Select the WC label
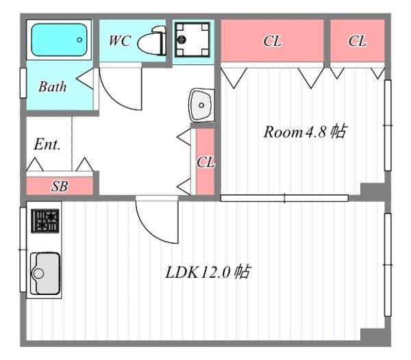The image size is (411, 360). pos(119,40)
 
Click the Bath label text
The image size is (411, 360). pos(52,87)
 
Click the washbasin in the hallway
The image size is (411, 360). pos(201,105)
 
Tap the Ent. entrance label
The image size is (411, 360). pos(47,145)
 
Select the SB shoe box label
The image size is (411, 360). pos(60,185)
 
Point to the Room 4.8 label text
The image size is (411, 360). pos(304,132)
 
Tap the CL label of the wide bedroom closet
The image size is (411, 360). pos(272,41)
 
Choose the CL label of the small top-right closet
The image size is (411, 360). pos(357,41)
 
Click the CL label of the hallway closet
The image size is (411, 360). pos(206,163)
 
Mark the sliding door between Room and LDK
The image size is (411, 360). pos(284,198)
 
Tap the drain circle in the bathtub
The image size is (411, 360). pos(79,40)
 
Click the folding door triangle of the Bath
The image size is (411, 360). pos(86,80)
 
